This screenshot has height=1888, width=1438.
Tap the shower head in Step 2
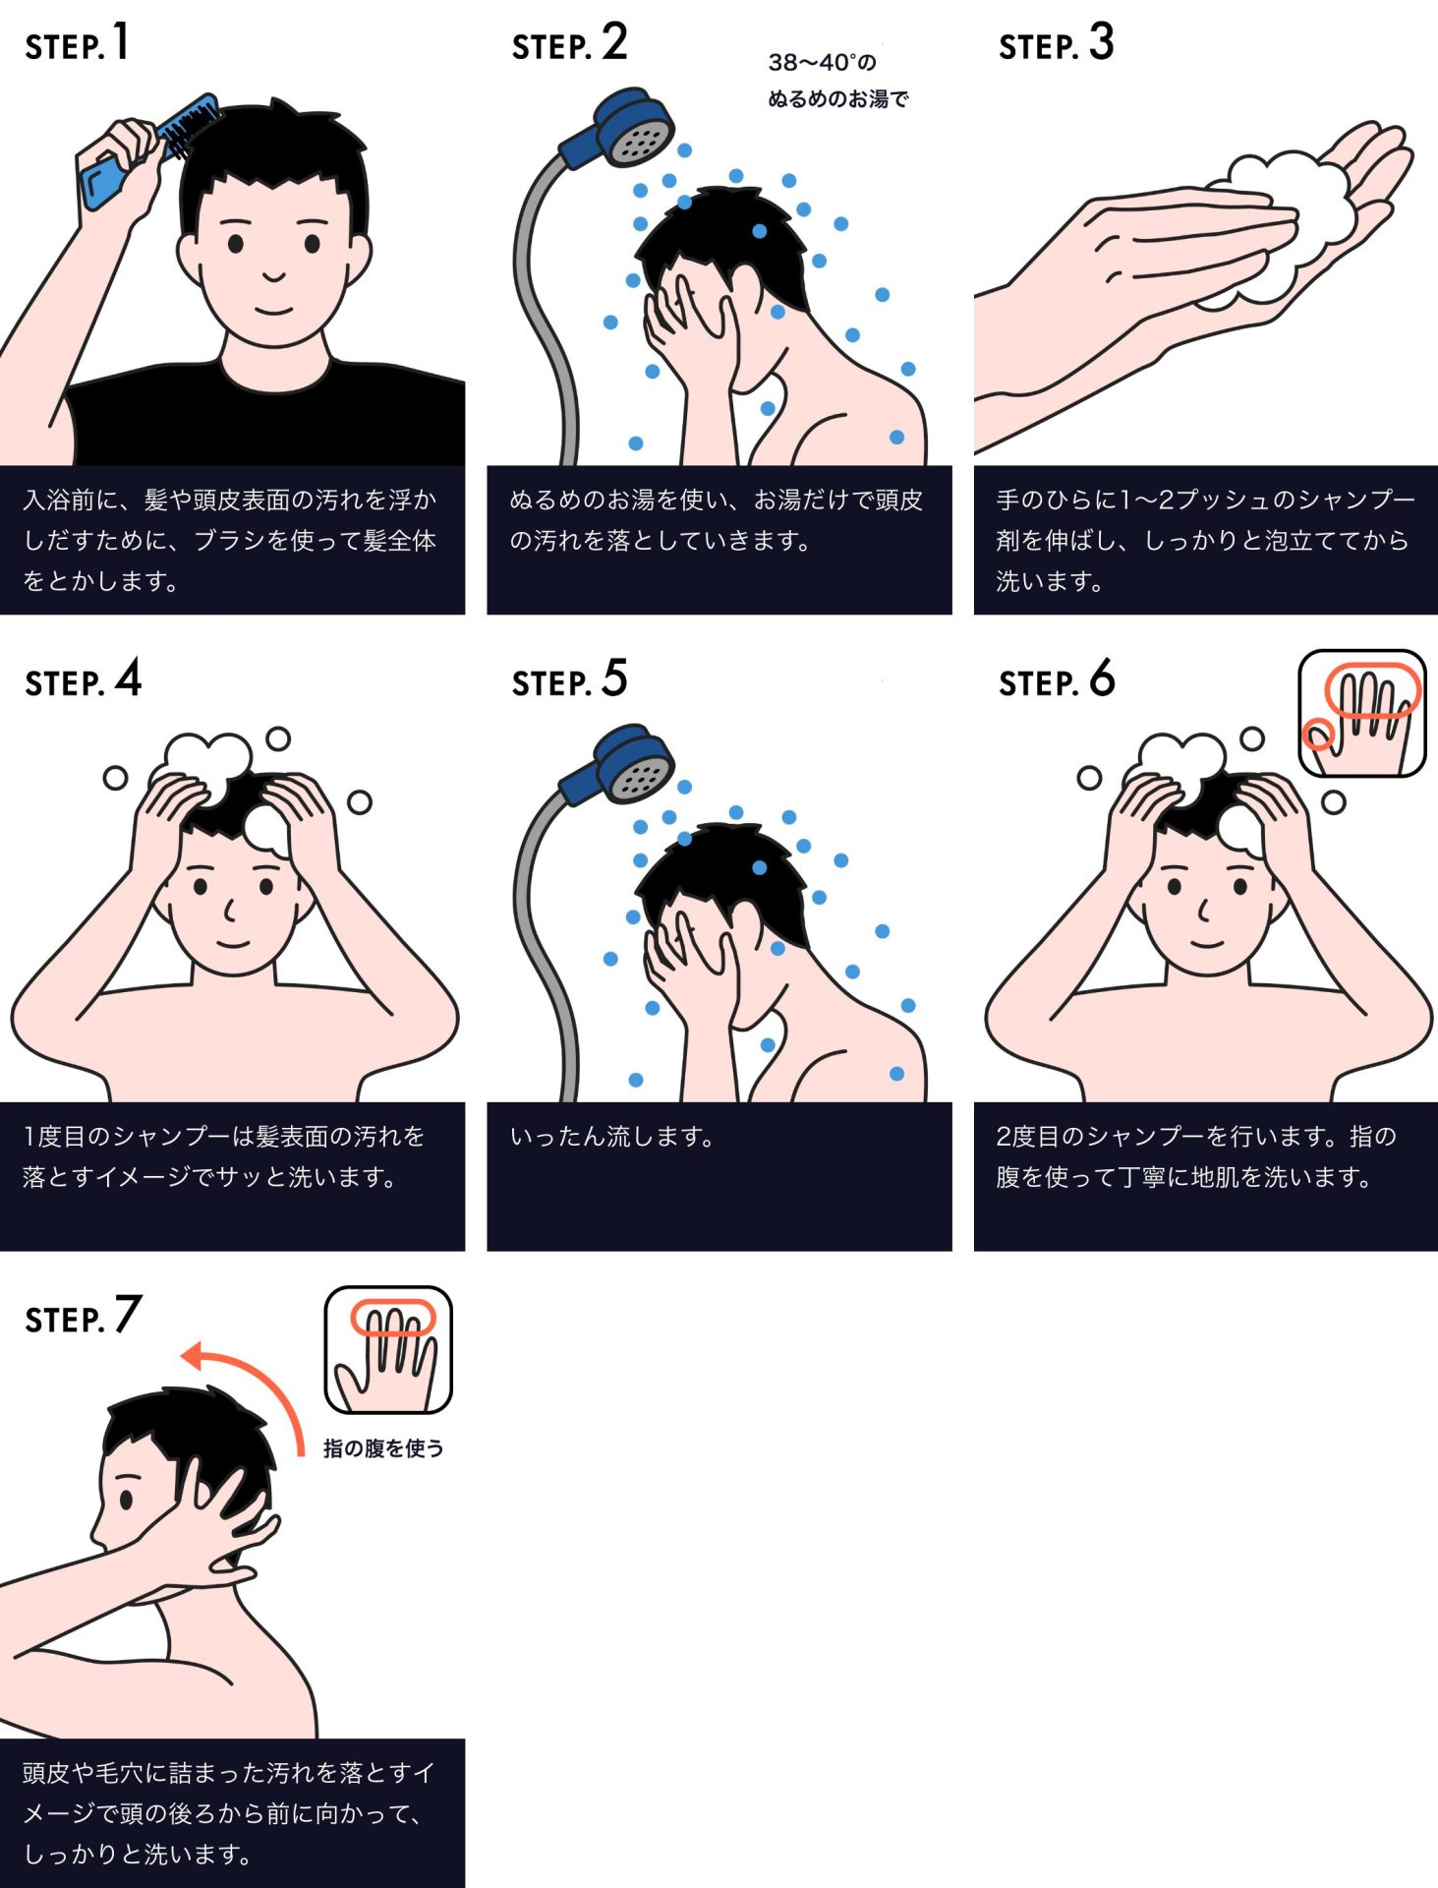629,128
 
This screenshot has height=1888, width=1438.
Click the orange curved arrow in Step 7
256,1386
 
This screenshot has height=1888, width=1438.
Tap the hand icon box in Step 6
1361,713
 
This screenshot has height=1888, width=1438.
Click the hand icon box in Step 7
388,1349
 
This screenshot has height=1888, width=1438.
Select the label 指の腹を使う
383,1448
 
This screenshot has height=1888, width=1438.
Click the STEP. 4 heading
84,680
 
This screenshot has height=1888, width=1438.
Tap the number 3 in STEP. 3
1102,43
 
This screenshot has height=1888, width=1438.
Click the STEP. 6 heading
1057,680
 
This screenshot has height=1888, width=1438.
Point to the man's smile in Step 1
274,310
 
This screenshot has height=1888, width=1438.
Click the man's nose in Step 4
230,910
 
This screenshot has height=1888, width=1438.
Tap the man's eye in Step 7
126,1500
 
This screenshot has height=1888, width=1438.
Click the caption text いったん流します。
611,1137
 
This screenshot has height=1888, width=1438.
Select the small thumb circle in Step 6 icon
1317,734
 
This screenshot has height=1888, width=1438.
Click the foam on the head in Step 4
206,757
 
